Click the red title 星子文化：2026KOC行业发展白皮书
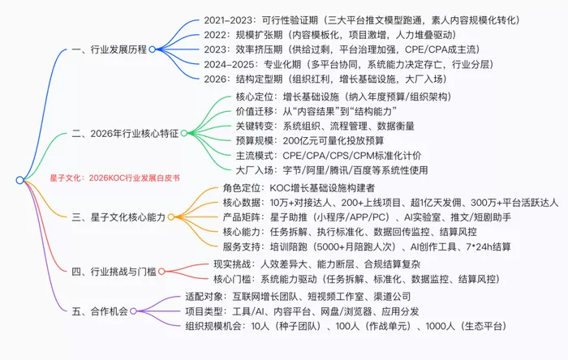[x=115, y=178]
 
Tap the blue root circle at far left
[x=20, y=180]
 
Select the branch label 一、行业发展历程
[x=110, y=49]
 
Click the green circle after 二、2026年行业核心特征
[x=184, y=133]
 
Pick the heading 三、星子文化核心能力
[x=118, y=217]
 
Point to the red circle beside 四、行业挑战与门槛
[x=161, y=272]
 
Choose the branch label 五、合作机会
[x=100, y=311]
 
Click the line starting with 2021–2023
[x=362, y=20]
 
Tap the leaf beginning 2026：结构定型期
[x=325, y=79]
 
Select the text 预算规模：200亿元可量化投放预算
[x=310, y=140]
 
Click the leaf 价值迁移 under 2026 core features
[x=316, y=111]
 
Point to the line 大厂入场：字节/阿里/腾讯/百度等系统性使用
[x=332, y=170]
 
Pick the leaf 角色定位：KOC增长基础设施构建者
[x=299, y=188]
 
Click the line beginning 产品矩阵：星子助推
[x=367, y=217]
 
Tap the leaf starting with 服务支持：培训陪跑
[x=367, y=246]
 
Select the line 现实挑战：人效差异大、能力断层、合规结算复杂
[x=317, y=264]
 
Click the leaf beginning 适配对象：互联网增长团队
[x=298, y=297]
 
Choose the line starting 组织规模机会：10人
[x=346, y=326]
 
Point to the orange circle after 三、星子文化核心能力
[x=171, y=217]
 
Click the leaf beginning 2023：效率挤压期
[x=342, y=49]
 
